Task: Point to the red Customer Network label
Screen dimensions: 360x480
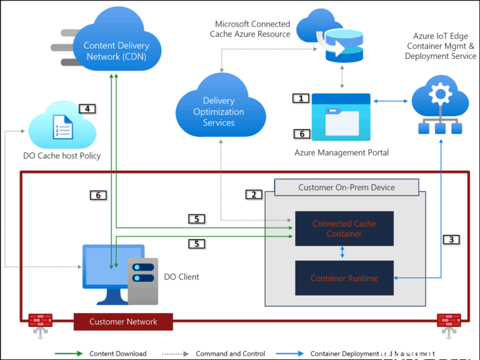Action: point(123,322)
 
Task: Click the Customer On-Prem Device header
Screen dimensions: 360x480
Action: point(346,187)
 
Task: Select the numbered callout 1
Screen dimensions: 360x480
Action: point(301,99)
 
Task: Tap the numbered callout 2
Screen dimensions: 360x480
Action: point(253,194)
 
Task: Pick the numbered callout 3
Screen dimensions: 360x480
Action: point(451,239)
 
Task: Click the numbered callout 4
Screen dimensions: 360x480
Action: point(87,108)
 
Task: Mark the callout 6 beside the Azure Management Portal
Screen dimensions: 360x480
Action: point(301,134)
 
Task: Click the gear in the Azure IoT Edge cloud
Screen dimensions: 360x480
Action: point(441,94)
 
